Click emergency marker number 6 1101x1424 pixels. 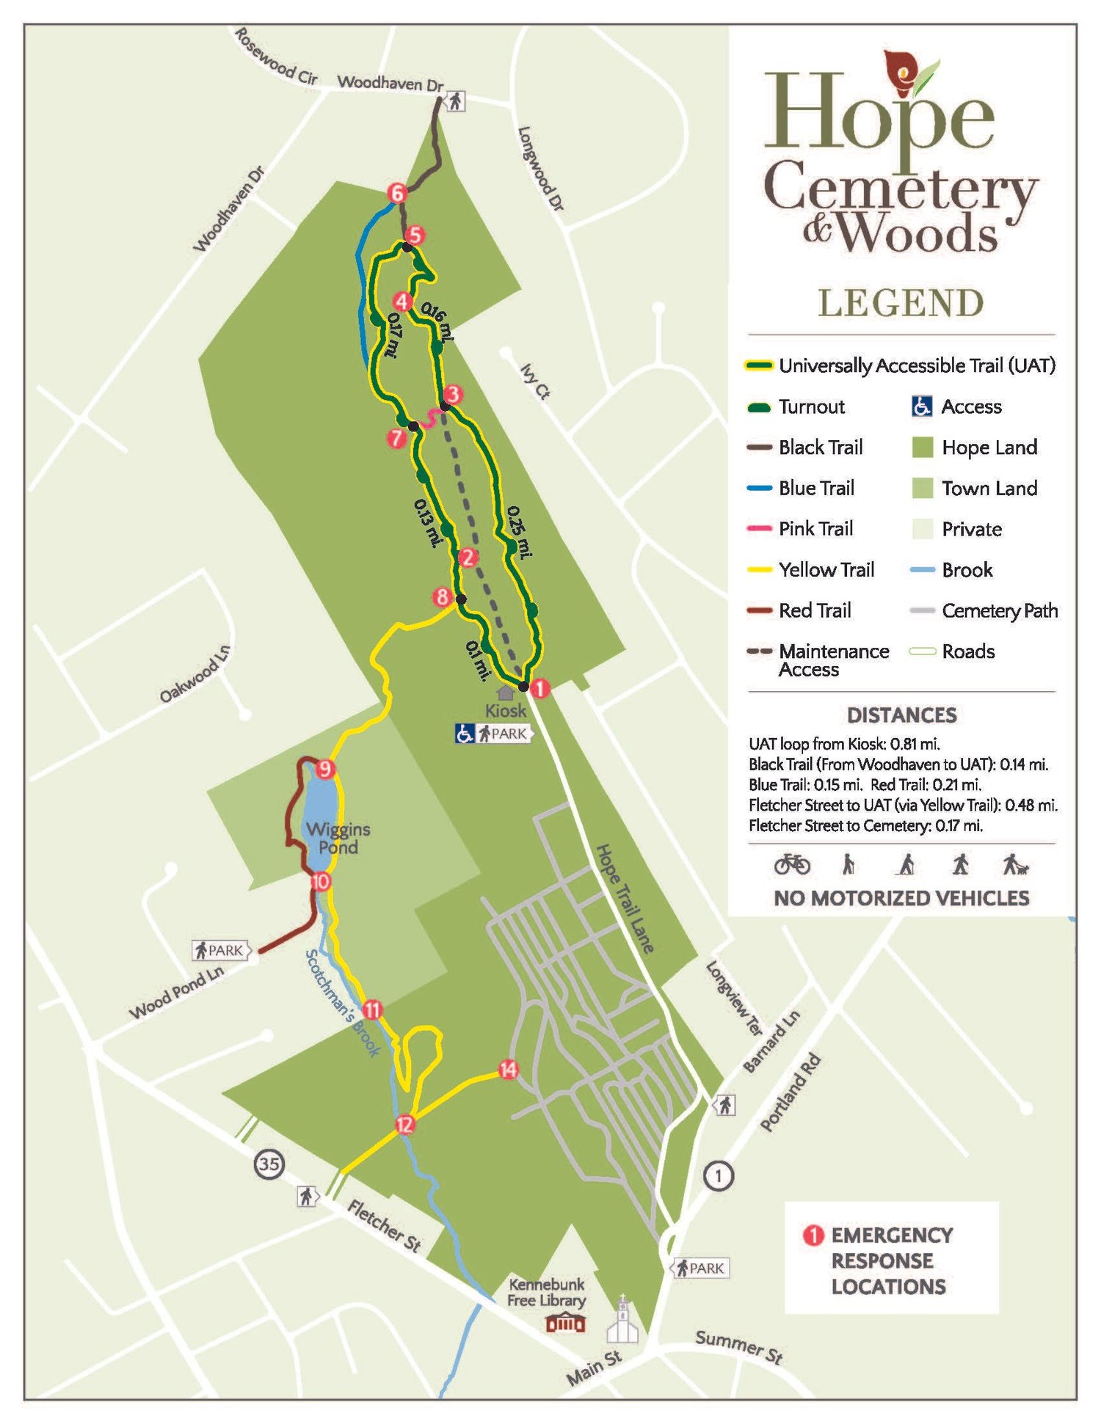(x=397, y=193)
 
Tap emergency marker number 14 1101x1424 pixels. (x=508, y=1070)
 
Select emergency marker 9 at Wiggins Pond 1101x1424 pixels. (x=325, y=770)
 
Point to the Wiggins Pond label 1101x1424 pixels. (x=338, y=838)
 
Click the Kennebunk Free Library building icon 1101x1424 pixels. (x=564, y=1323)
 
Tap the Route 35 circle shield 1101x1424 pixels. (x=269, y=1164)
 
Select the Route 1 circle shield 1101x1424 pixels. (x=719, y=1176)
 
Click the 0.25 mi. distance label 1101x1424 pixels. (x=519, y=533)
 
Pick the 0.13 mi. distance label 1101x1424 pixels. (x=428, y=523)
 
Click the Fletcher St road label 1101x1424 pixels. (x=383, y=1225)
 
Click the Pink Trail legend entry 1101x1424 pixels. (x=815, y=529)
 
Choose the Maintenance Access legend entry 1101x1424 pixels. (x=833, y=660)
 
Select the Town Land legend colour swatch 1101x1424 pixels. (x=922, y=489)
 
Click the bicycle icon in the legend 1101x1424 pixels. (x=792, y=864)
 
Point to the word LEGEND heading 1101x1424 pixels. (x=901, y=303)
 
